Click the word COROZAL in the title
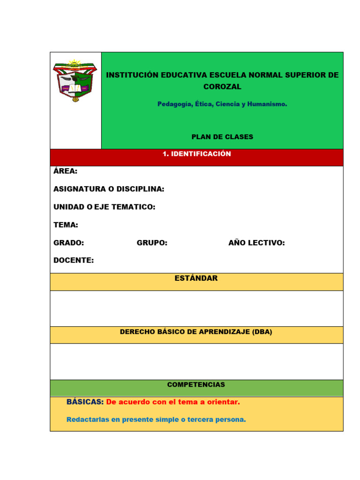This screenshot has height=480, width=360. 222,87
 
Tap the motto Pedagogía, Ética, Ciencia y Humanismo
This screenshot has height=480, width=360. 222,104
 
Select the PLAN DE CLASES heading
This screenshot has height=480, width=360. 222,137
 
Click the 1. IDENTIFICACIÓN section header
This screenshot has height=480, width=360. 196,154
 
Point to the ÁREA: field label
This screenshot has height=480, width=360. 66,171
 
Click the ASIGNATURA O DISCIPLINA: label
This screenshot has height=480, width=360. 109,189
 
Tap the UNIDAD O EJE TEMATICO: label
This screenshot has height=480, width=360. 104,207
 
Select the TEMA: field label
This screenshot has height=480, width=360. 66,225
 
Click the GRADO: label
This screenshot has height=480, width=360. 68,243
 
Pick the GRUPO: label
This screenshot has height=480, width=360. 152,243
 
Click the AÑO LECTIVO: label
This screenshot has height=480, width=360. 256,243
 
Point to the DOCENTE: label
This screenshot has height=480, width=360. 74,261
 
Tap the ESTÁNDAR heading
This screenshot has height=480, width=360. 196,278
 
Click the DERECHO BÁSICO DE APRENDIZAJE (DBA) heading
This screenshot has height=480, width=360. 196,332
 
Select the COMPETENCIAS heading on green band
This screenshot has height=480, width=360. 196,385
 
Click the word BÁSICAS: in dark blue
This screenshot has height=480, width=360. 85,402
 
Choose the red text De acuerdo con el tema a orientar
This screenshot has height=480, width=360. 173,402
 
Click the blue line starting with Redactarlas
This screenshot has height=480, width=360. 156,420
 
